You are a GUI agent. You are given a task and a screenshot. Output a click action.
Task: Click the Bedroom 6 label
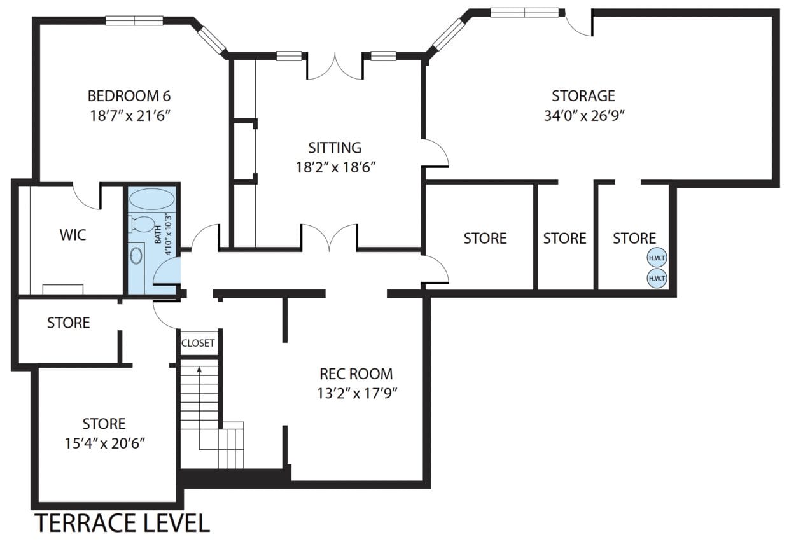tap(129, 96)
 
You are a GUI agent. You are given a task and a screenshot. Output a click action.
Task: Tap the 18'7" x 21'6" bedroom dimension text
tap(130, 116)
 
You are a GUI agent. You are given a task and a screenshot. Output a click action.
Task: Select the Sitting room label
tap(335, 148)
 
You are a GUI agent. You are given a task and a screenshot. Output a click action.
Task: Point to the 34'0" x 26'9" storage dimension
tap(584, 116)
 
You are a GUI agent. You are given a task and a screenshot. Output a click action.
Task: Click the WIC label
tap(73, 235)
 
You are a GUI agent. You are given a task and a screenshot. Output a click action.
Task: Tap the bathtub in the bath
tap(152, 199)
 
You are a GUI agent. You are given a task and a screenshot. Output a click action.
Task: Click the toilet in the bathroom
tap(142, 225)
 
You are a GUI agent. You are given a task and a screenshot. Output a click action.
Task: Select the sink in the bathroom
tap(136, 255)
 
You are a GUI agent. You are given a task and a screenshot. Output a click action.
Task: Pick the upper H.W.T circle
tap(657, 258)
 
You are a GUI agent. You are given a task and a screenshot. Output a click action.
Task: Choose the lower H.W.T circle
tap(657, 278)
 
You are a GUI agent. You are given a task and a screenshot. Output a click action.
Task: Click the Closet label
tap(198, 343)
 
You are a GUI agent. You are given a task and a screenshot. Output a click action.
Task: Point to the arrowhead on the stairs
tap(199, 370)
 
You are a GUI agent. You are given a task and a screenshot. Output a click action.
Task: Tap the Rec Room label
tap(356, 374)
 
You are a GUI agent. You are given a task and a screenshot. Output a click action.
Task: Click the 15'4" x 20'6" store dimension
tap(104, 443)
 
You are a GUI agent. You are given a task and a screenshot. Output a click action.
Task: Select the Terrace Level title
tap(123, 523)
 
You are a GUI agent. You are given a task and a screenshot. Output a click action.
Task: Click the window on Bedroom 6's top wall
tap(134, 20)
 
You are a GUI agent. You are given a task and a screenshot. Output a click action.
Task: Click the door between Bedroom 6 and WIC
tap(87, 196)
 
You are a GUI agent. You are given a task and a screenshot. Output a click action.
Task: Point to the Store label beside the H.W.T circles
tap(634, 239)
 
